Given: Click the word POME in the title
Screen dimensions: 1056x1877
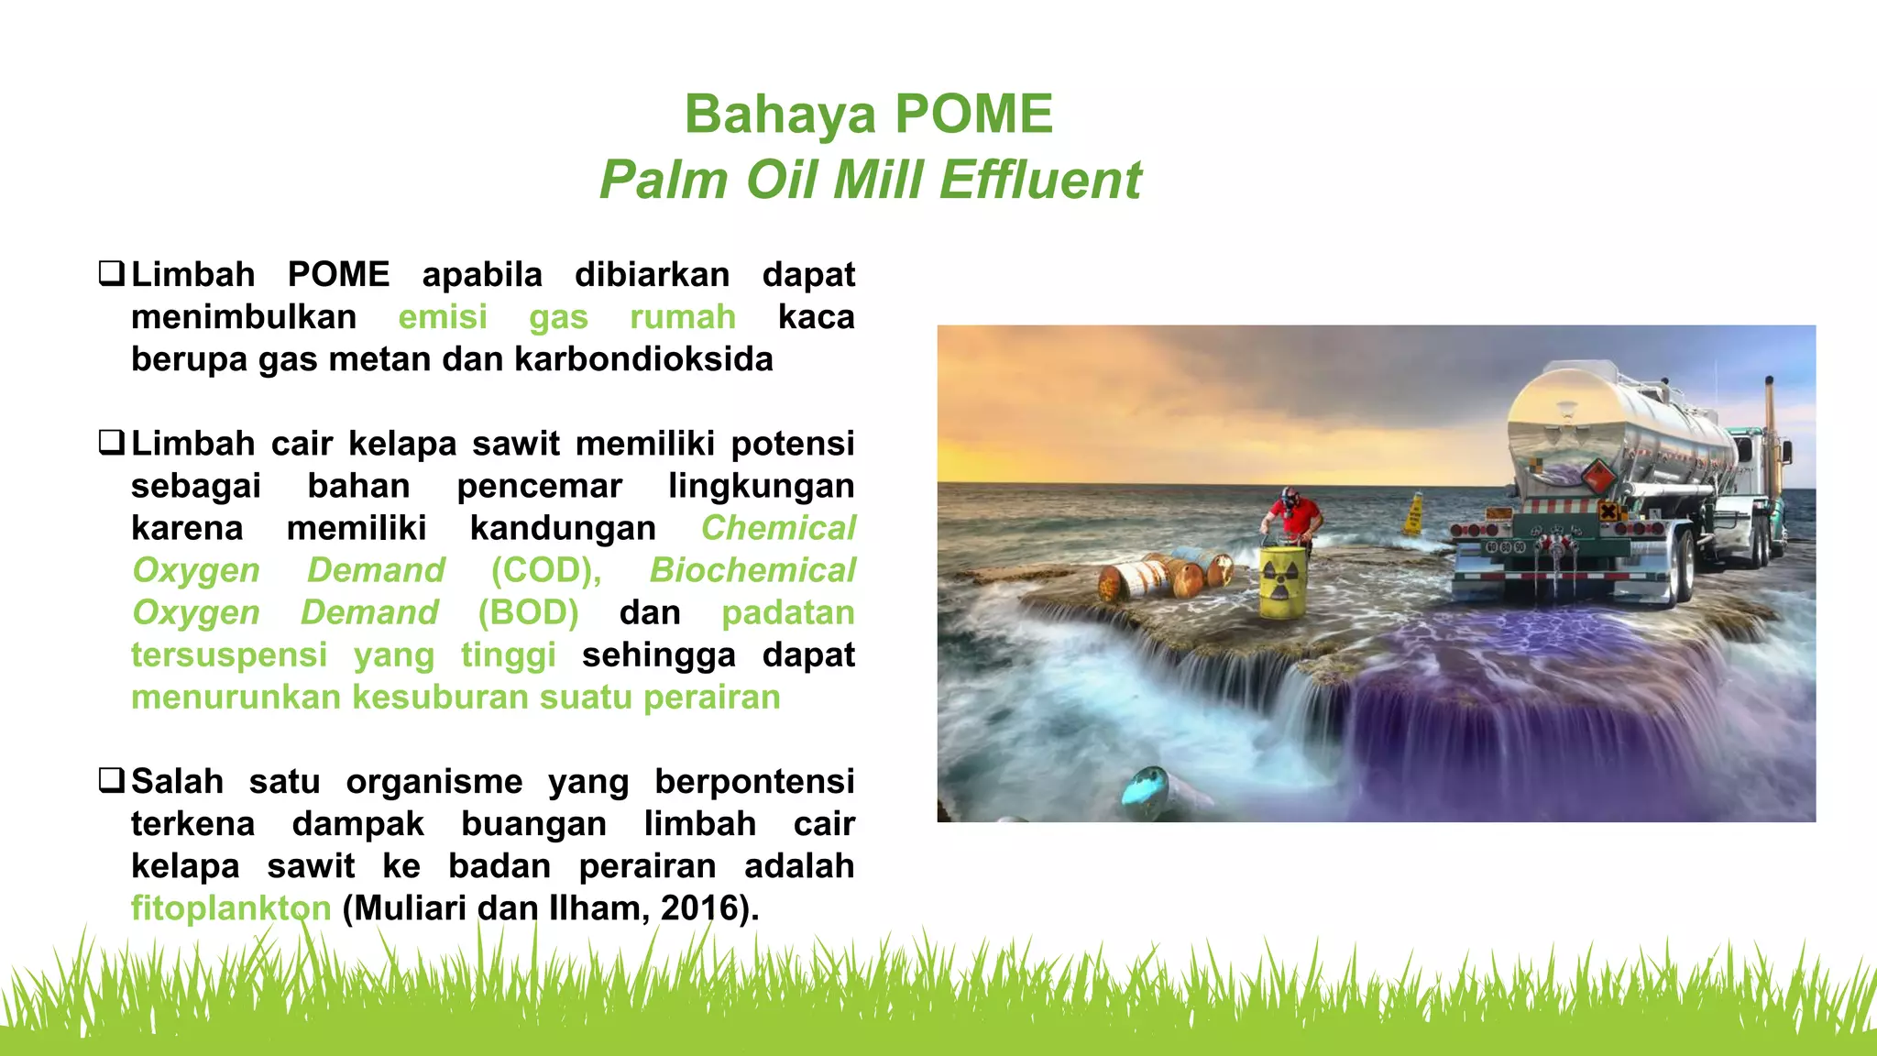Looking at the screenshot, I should click(973, 114).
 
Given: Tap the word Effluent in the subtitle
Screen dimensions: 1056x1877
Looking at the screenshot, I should click(1040, 180).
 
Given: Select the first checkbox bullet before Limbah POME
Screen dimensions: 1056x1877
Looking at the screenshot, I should click(112, 274).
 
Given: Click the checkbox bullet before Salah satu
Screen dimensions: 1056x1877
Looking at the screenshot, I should click(112, 781).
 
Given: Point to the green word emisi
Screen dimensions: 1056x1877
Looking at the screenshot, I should click(443, 317).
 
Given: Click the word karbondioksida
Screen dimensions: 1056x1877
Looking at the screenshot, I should click(643, 359).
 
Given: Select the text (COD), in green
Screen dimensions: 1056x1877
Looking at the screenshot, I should click(546, 570).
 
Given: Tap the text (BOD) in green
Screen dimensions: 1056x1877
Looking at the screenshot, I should click(528, 612).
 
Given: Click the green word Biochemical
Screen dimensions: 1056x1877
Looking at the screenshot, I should click(752, 570).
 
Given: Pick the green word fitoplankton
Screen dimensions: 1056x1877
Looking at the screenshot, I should click(231, 908).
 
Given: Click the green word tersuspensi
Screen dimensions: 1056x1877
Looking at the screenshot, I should click(229, 655).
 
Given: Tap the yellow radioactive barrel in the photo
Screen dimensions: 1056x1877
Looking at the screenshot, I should click(1284, 582).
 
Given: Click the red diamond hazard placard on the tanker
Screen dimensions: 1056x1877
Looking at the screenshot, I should click(1597, 477).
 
